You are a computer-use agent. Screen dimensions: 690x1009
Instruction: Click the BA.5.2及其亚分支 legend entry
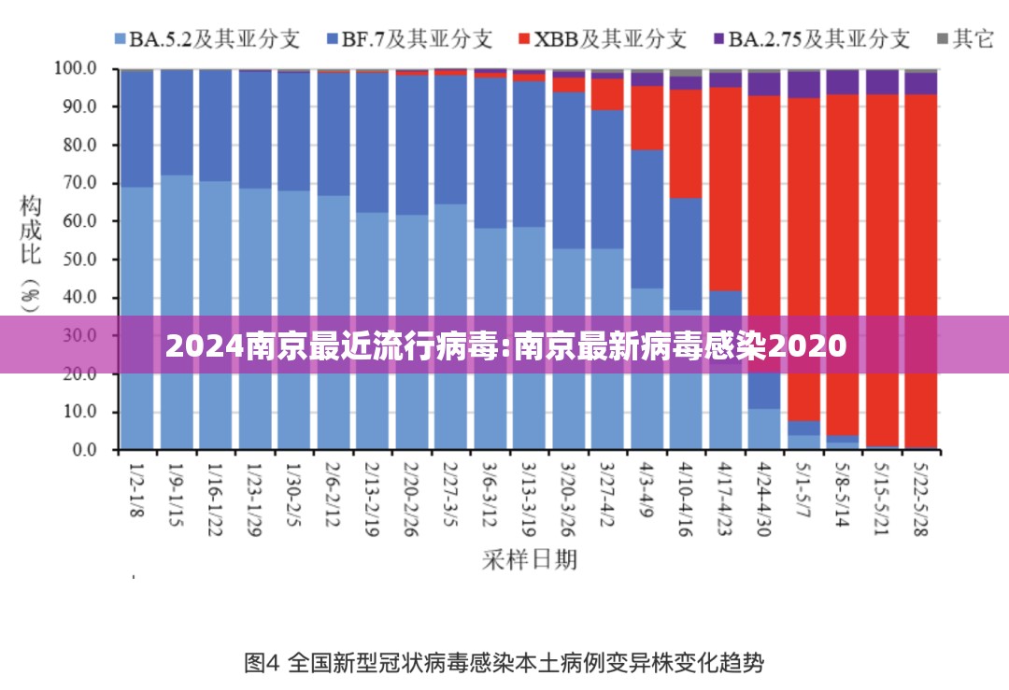click(x=206, y=38)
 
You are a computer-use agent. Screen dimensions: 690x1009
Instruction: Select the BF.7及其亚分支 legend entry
click(x=411, y=38)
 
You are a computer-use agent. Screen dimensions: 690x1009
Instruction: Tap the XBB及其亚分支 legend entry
click(x=602, y=38)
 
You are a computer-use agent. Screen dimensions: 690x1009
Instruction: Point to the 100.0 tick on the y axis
click(x=76, y=68)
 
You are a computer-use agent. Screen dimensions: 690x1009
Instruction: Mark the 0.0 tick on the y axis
click(x=83, y=450)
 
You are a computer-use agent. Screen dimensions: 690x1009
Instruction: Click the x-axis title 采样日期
click(x=529, y=559)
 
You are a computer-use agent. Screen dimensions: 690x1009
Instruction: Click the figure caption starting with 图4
click(x=504, y=664)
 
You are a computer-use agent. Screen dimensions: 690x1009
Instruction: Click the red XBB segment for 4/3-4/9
click(x=647, y=118)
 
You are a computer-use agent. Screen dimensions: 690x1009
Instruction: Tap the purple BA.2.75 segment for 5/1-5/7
click(x=803, y=84)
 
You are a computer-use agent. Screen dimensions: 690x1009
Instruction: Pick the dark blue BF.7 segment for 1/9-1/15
click(x=177, y=122)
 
